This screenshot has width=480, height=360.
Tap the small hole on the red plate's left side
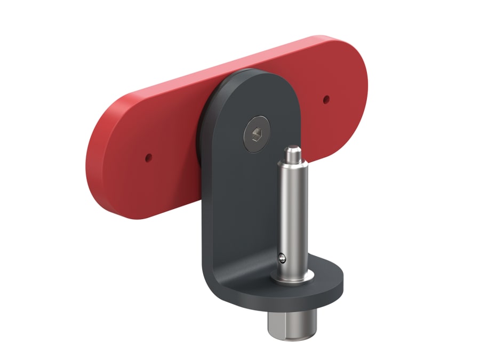click(x=148, y=157)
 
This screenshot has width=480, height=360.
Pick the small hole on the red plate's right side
click(x=326, y=98)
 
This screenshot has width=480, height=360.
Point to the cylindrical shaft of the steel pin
click(x=293, y=213)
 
